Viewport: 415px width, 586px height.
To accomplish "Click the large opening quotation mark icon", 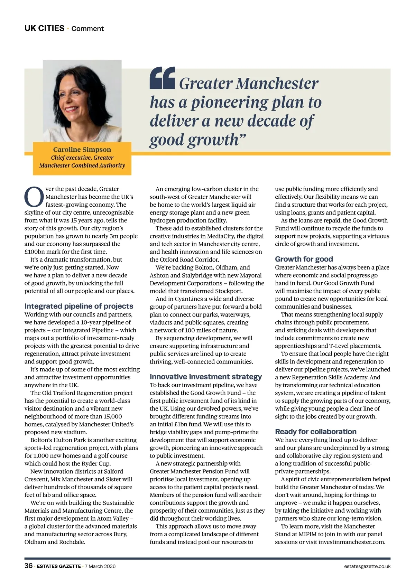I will click(x=162, y=78).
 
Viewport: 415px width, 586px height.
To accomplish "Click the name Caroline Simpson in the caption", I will click(x=82, y=150).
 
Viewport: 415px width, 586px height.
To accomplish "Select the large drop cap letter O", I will click(x=34, y=196).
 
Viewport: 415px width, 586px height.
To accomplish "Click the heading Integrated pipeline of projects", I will click(x=79, y=306).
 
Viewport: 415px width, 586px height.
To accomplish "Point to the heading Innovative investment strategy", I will click(x=206, y=377).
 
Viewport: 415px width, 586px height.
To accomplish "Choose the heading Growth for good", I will click(x=304, y=259).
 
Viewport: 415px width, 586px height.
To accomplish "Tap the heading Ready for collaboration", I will click(x=316, y=432).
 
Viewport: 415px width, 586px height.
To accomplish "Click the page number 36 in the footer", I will click(x=29, y=566).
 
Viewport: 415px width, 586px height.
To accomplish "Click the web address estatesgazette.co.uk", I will click(x=367, y=566).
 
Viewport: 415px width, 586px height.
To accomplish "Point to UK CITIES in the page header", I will click(x=44, y=28).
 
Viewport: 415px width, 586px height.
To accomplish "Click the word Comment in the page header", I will click(x=87, y=29).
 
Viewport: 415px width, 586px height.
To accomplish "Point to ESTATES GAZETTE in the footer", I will click(x=59, y=566).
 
